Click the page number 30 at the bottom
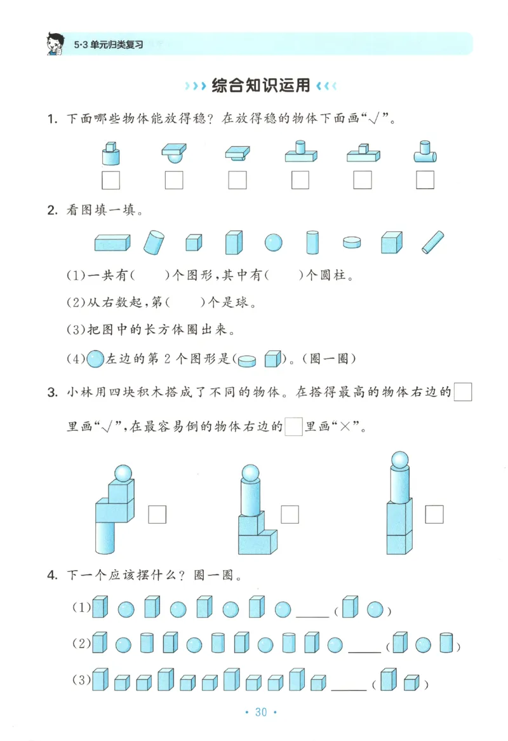point(261,712)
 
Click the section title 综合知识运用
point(260,85)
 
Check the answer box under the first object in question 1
point(111,180)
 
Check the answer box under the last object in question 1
point(425,180)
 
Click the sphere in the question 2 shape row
point(274,243)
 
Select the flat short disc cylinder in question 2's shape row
point(351,243)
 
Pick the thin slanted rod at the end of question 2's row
point(433,242)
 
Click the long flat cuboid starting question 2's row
point(112,242)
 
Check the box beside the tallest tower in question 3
point(434,514)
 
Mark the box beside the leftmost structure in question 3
point(157,514)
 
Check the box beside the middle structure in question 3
point(290,514)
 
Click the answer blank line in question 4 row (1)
point(312,615)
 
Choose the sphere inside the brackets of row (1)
point(375,609)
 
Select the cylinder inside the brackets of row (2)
point(446,644)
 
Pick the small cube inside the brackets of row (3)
point(411,683)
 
